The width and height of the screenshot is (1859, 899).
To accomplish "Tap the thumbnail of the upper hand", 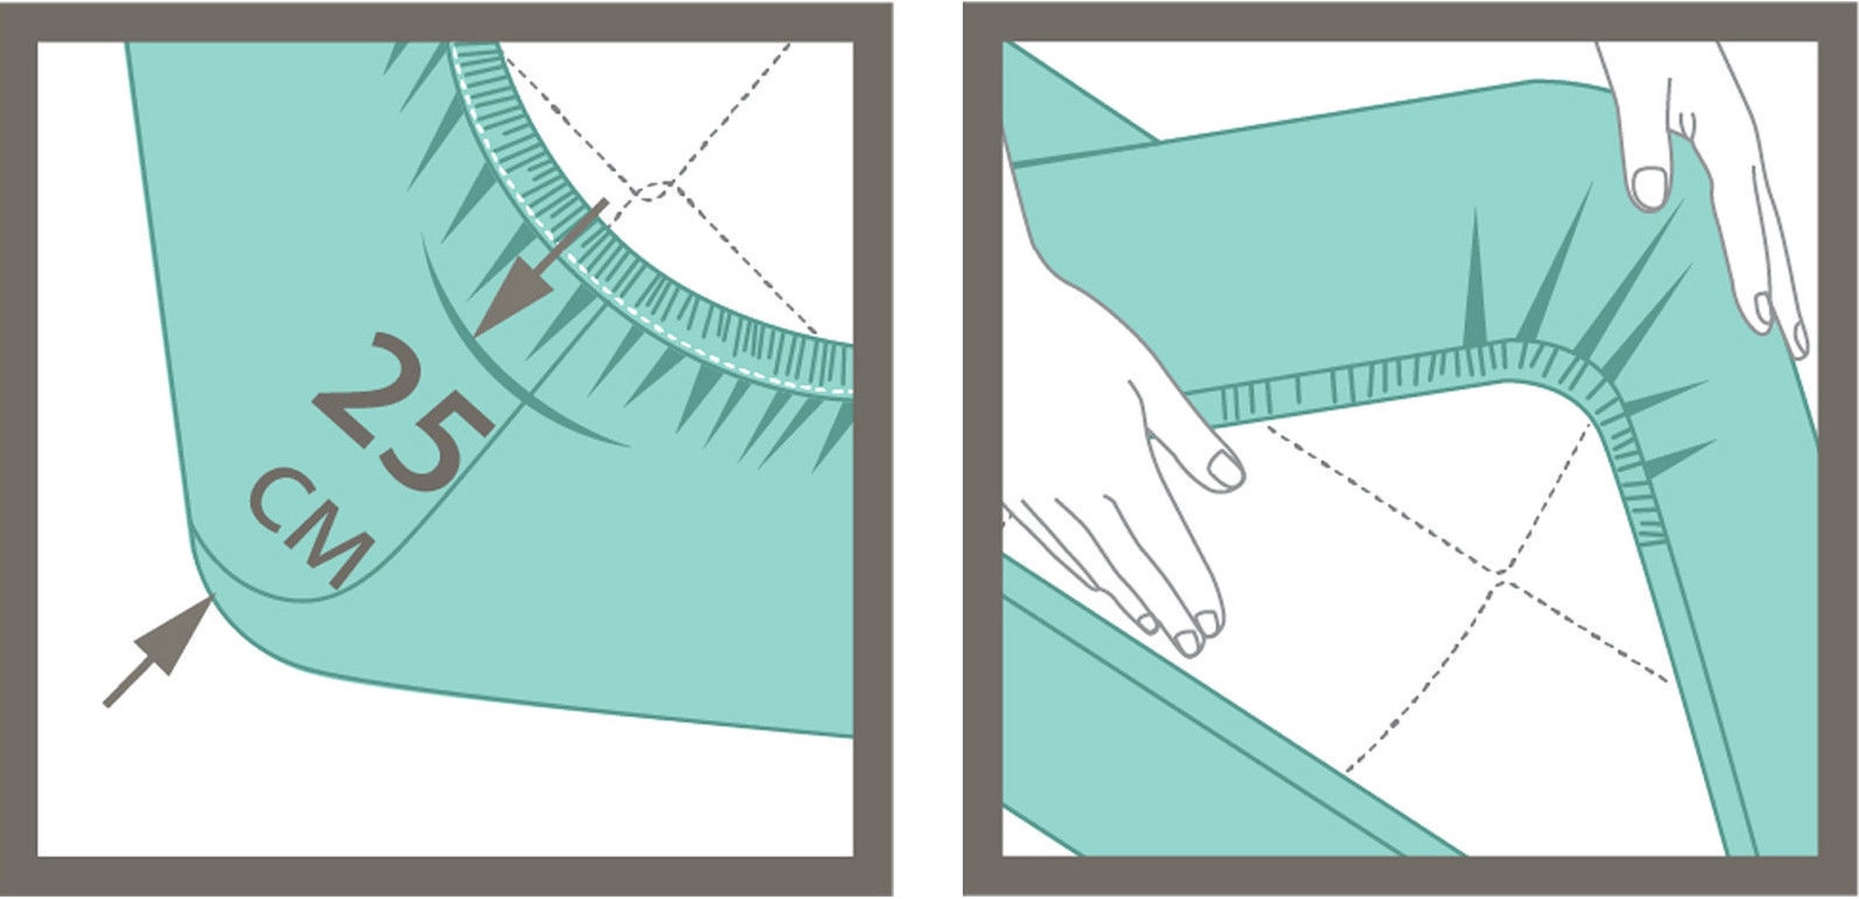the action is pyautogui.click(x=1649, y=187).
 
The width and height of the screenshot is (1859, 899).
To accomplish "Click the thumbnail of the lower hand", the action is pyautogui.click(x=1226, y=469).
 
